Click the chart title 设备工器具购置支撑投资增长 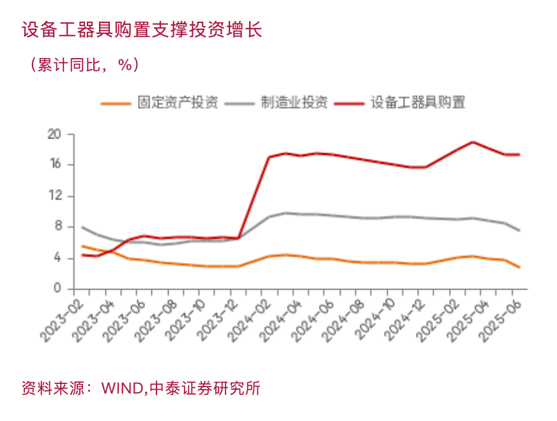tap(142, 30)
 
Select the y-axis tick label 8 tap(57, 226)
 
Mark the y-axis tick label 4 tap(57, 258)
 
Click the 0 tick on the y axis tap(57, 288)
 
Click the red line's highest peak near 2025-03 tap(473, 142)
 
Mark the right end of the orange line tap(519, 267)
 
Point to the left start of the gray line tap(82, 227)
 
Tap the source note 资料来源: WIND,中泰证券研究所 tap(141, 388)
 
